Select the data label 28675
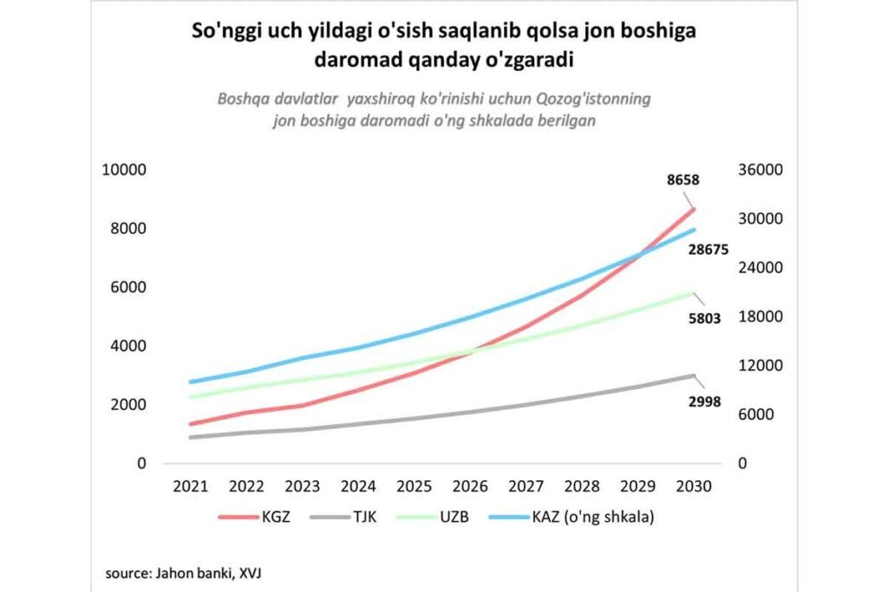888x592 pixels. click(708, 250)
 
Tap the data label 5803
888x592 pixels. click(705, 318)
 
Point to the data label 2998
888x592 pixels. click(705, 401)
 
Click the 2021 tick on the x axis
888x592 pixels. click(191, 486)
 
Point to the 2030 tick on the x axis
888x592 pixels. click(695, 486)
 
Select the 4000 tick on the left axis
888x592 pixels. click(127, 346)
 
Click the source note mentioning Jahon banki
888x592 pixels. click(193, 573)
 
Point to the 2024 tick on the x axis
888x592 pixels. click(359, 486)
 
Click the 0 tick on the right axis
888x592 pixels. click(743, 464)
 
